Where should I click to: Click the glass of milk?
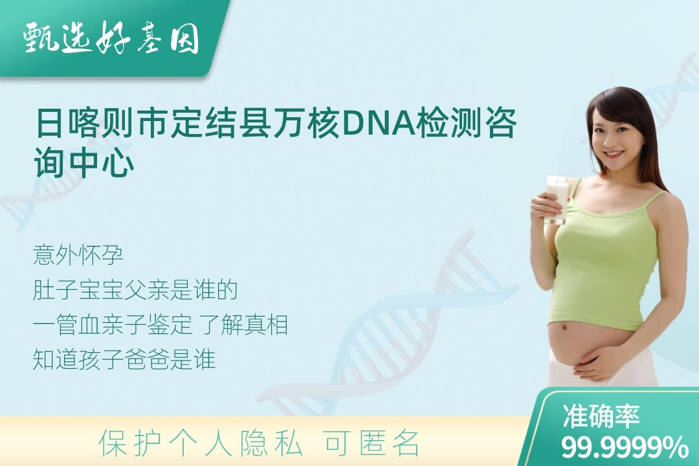click(x=557, y=200)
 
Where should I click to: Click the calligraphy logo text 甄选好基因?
click(x=111, y=38)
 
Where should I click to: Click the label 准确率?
click(x=601, y=416)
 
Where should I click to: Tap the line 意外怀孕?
click(x=78, y=256)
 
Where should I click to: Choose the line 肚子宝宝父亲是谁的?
click(x=135, y=291)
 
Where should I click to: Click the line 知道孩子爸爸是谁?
click(x=124, y=359)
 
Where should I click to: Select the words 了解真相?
click(x=243, y=325)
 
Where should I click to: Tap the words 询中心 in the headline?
click(x=84, y=162)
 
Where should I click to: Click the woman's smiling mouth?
click(x=614, y=154)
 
